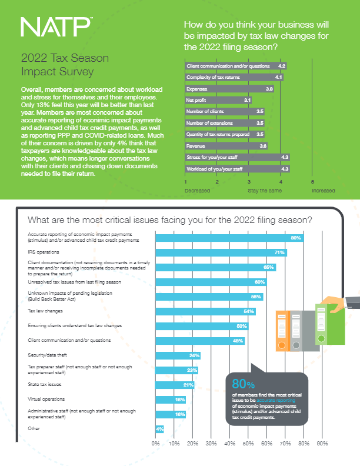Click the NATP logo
(56, 27)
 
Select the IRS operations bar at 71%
(221, 252)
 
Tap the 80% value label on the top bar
(296, 238)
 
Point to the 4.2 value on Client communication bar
(282, 66)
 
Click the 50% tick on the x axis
(248, 442)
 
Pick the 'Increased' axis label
(323, 191)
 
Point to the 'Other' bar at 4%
(159, 429)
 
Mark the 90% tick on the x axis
(322, 442)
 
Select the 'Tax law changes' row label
(46, 310)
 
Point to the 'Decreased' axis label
(196, 191)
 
